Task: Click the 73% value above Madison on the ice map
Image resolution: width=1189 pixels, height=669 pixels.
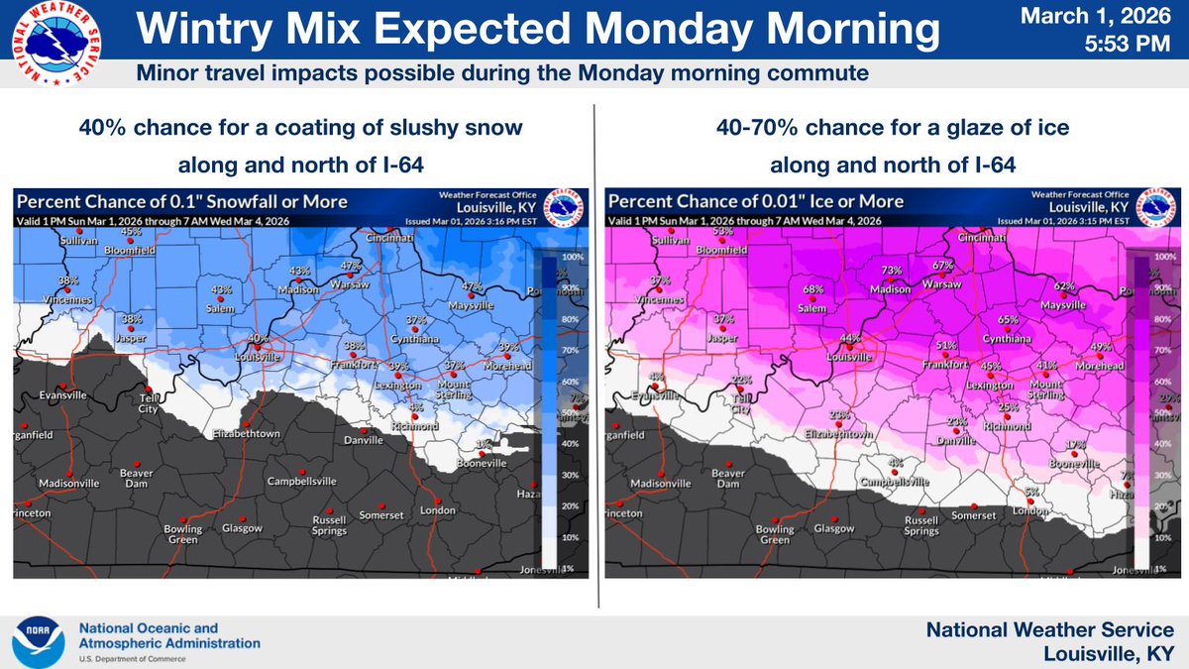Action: click(x=891, y=271)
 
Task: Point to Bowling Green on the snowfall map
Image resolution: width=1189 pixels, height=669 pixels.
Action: click(x=182, y=535)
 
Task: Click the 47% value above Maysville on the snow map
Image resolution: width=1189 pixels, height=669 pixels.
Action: click(x=472, y=286)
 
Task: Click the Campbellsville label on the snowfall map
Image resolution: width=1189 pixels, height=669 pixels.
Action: click(x=302, y=482)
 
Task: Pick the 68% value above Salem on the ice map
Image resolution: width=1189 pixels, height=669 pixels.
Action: click(x=813, y=290)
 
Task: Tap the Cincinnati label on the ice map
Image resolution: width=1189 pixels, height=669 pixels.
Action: click(x=983, y=239)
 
